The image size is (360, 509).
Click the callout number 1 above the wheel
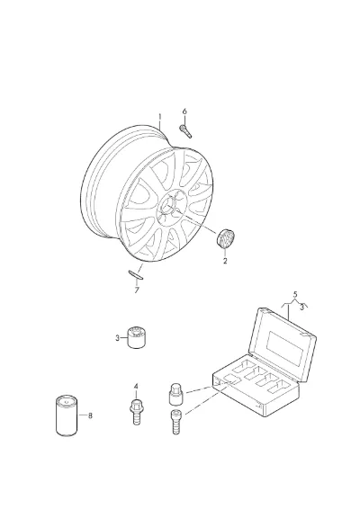[x=159, y=117]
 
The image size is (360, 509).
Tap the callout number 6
[x=184, y=112]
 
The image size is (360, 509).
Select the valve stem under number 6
[x=185, y=131]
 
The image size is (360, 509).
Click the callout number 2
[x=225, y=261]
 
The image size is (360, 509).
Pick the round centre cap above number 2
[x=226, y=238]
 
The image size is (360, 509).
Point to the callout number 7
[x=137, y=290]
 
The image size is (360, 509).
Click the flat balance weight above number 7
[x=136, y=274]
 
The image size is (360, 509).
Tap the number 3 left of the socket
[x=117, y=338]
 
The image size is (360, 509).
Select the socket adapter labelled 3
[x=136, y=337]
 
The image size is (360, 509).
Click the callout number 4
[x=136, y=387]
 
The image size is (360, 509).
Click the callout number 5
[x=295, y=295]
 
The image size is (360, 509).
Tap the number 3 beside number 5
[x=301, y=307]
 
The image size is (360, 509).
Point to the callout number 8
[x=90, y=415]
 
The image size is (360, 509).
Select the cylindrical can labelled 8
[x=67, y=415]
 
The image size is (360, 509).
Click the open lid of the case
[x=282, y=344]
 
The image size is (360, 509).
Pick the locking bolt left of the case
[x=176, y=422]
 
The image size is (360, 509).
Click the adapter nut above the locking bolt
[x=175, y=394]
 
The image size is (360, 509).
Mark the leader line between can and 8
[x=83, y=415]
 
